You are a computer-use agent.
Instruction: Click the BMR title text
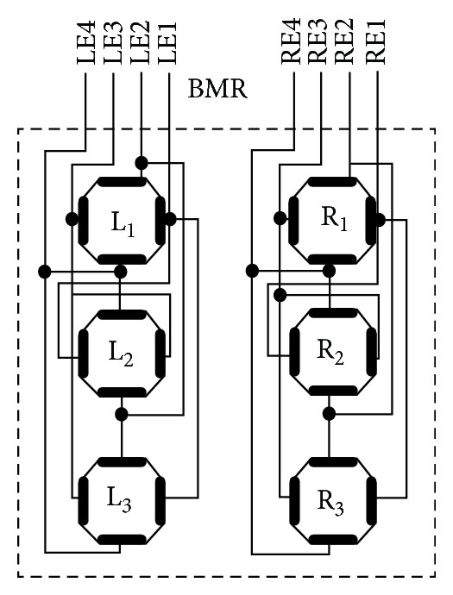click(217, 90)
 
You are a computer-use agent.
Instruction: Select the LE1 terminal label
click(167, 42)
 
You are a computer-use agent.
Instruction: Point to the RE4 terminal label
click(292, 41)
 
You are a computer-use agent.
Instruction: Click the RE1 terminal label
click(376, 41)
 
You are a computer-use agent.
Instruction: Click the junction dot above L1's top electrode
click(142, 163)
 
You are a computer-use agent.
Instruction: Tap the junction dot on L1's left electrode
click(72, 219)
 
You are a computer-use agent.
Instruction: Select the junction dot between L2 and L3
click(122, 414)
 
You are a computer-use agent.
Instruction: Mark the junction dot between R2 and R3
click(329, 413)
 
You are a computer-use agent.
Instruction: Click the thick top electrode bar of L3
click(122, 462)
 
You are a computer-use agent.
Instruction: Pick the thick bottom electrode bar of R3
click(332, 539)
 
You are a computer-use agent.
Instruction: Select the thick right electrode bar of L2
click(160, 354)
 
